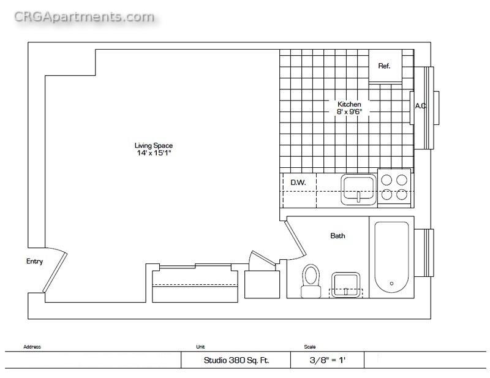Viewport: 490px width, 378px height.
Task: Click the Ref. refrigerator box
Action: [385, 66]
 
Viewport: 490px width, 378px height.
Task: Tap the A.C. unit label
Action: [420, 106]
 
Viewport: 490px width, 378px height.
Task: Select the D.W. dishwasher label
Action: [298, 183]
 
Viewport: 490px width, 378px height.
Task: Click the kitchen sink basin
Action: [358, 190]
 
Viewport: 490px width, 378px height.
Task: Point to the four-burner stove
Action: [394, 187]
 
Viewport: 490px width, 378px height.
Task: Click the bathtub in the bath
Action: [391, 257]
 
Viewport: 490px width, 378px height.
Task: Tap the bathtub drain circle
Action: [391, 284]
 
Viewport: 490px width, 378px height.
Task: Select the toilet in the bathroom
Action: [311, 281]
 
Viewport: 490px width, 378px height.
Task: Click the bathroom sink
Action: [345, 285]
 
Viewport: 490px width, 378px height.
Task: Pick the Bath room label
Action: [338, 236]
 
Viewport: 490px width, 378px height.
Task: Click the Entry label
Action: [34, 262]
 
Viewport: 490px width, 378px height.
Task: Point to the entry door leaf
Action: [55, 273]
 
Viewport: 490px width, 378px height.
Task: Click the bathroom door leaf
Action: [295, 239]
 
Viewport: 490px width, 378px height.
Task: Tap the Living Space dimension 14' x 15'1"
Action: [154, 153]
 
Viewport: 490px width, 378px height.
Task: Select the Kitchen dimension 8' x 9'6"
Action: [349, 112]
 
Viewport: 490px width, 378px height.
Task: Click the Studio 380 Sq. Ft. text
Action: [236, 360]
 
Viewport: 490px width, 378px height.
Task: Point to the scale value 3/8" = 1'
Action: [328, 360]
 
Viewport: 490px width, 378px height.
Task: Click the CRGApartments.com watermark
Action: [85, 17]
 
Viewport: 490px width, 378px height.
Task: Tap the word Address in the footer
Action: [32, 347]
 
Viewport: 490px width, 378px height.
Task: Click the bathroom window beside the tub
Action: [424, 252]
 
